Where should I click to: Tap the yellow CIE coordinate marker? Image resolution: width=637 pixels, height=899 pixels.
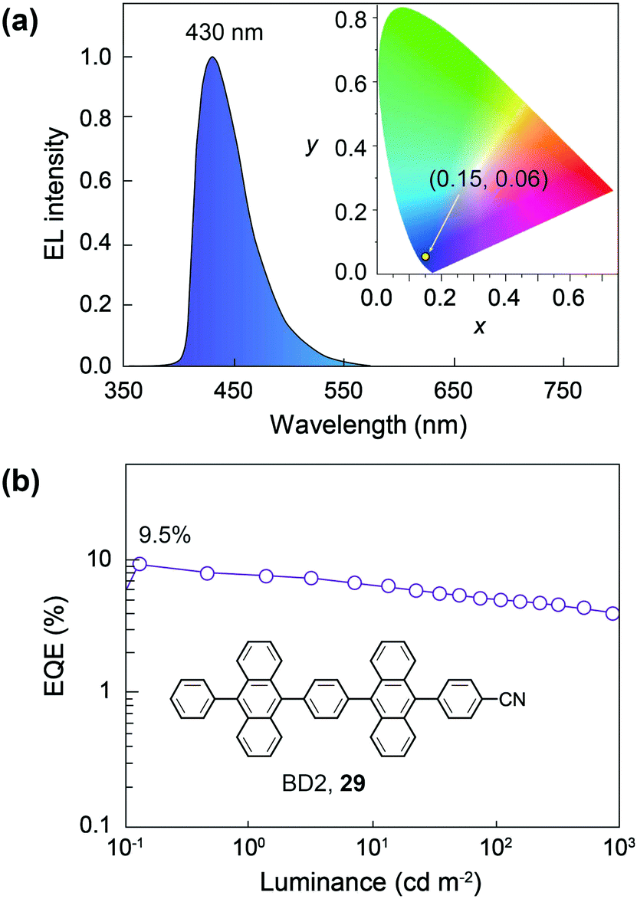(x=425, y=256)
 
